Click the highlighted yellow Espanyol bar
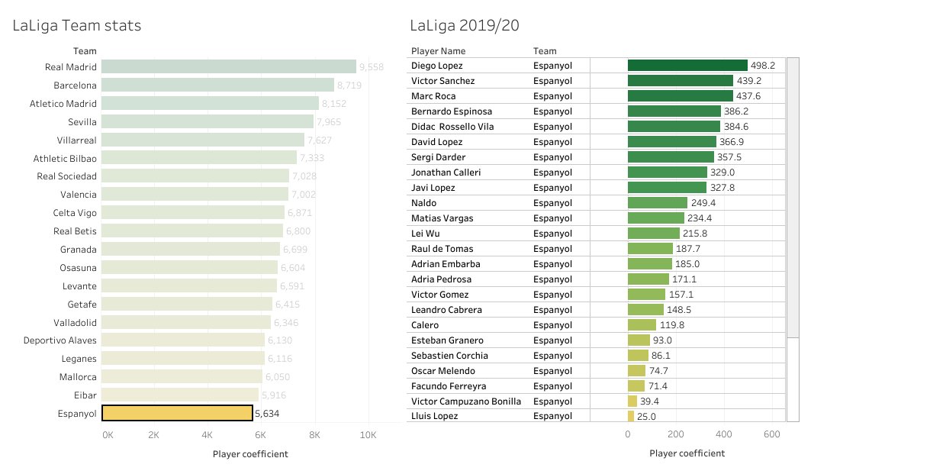[x=177, y=413]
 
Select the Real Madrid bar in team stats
[x=228, y=67]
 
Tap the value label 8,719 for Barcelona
[x=349, y=85]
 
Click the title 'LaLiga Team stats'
[x=76, y=25]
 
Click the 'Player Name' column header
[x=438, y=51]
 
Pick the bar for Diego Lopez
[x=687, y=66]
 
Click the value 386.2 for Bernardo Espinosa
[x=736, y=111]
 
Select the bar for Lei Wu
[x=653, y=234]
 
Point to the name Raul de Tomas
[x=442, y=249]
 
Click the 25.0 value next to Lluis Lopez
[x=646, y=417]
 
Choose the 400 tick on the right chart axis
[x=724, y=434]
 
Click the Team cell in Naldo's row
[x=552, y=203]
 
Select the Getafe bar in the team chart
[x=186, y=304]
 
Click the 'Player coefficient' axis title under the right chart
[x=687, y=453]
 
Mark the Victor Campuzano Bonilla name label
[x=465, y=401]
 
